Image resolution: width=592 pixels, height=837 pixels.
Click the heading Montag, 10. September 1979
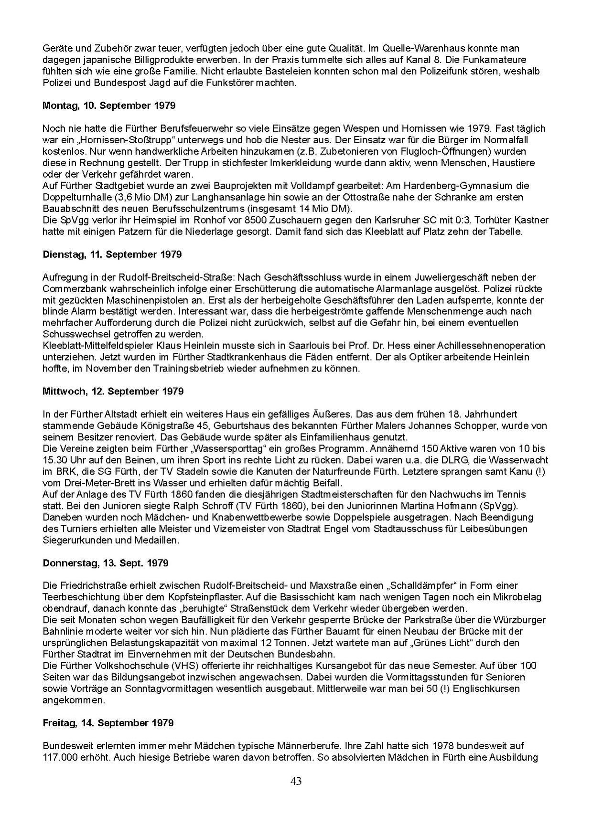[109, 106]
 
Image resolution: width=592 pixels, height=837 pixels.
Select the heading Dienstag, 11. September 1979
[112, 254]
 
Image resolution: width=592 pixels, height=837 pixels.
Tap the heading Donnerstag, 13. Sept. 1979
[106, 563]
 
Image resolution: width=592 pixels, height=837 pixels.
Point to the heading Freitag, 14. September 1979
[108, 723]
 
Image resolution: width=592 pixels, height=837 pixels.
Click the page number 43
[296, 781]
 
